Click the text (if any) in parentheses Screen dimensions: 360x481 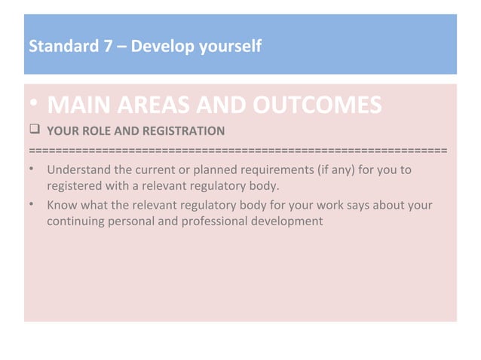pos(337,170)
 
